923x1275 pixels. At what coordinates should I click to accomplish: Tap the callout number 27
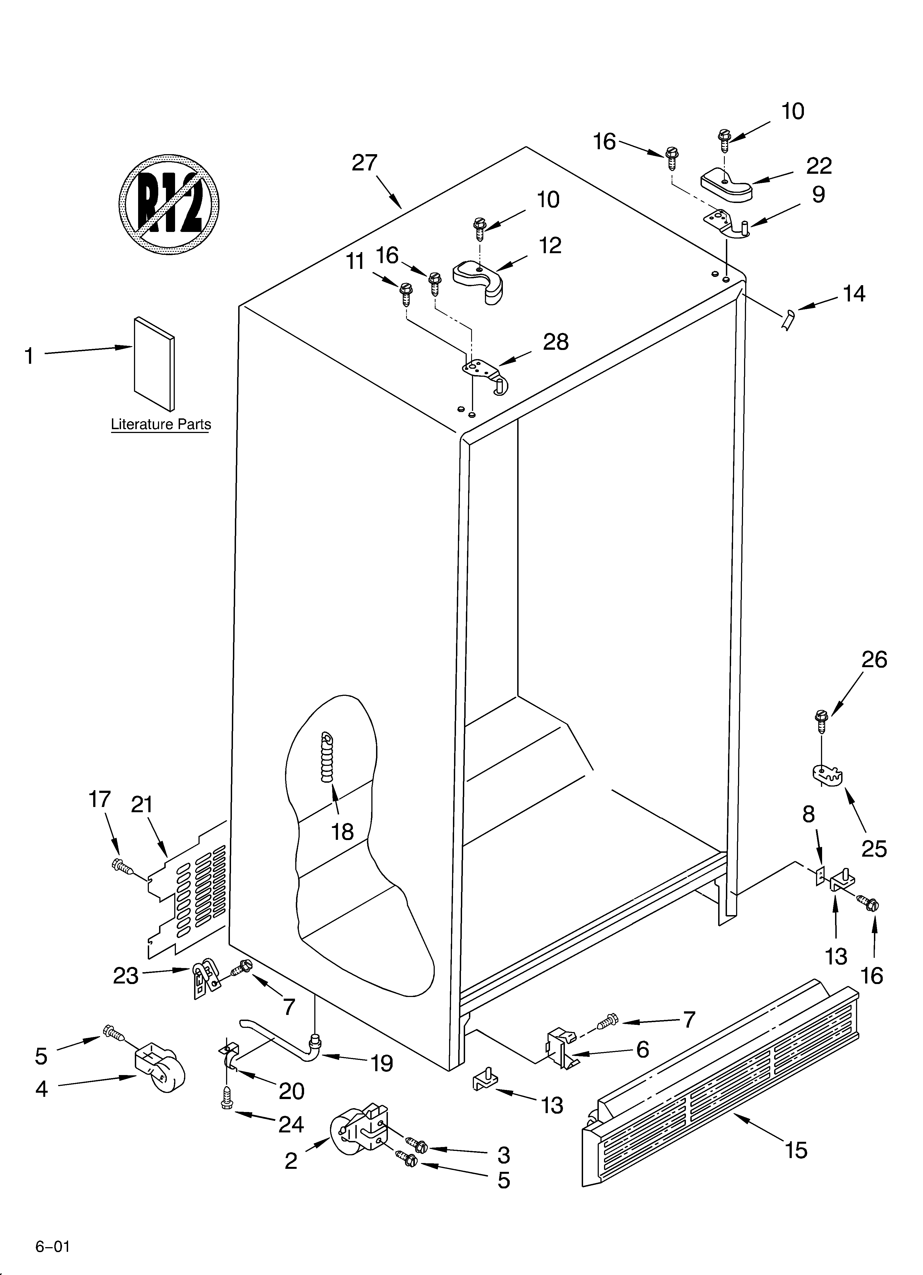click(x=364, y=163)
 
